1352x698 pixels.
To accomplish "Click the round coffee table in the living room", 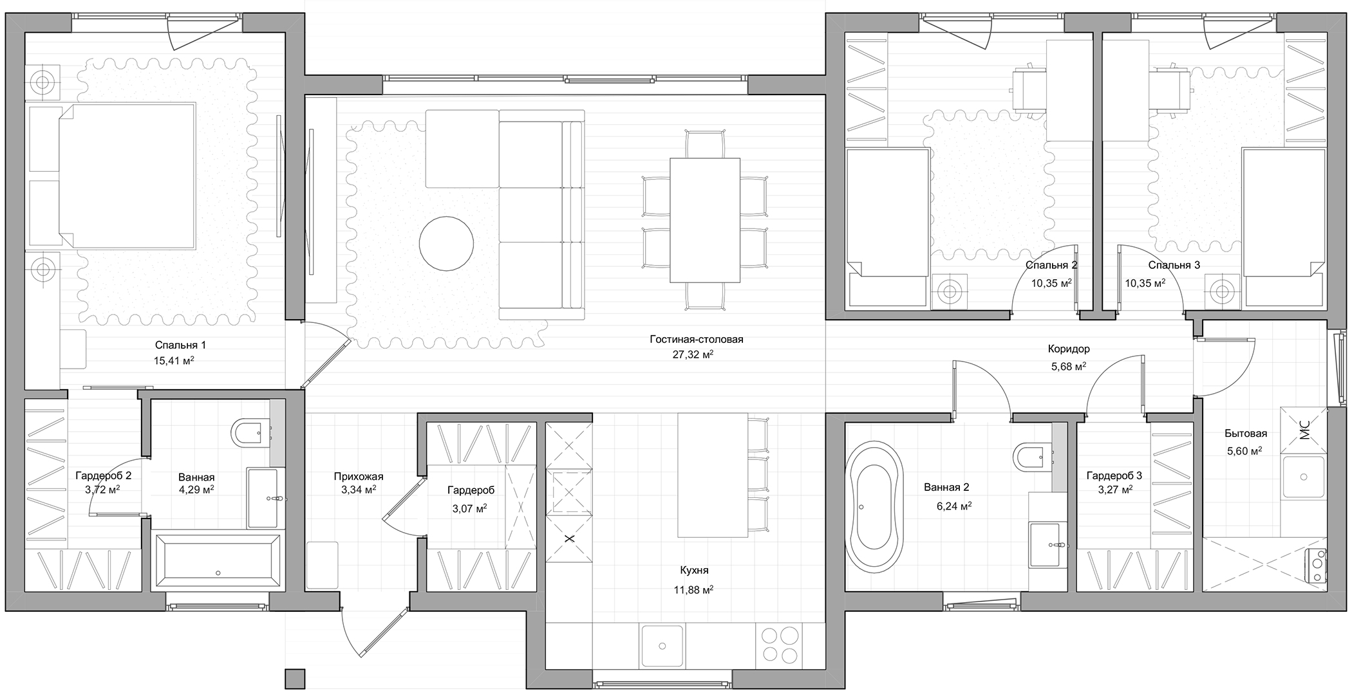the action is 446,244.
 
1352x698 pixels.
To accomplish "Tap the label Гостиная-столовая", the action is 696,339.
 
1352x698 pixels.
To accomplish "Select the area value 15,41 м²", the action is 174,360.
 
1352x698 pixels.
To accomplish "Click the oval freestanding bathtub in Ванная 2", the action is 875,504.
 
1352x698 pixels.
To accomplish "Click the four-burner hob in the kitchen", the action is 780,645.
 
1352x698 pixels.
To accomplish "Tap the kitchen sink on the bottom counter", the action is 662,645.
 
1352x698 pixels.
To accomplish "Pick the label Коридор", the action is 1069,349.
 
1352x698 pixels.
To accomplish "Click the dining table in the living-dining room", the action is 705,220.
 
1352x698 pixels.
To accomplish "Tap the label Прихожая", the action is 359,477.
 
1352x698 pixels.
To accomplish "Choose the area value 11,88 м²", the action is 693,589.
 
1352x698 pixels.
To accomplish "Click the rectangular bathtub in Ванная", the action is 217,560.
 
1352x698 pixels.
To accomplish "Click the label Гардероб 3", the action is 1114,475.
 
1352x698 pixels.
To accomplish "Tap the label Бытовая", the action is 1246,434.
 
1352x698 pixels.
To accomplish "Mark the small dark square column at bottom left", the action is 295,679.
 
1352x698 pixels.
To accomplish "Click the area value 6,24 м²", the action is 954,506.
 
